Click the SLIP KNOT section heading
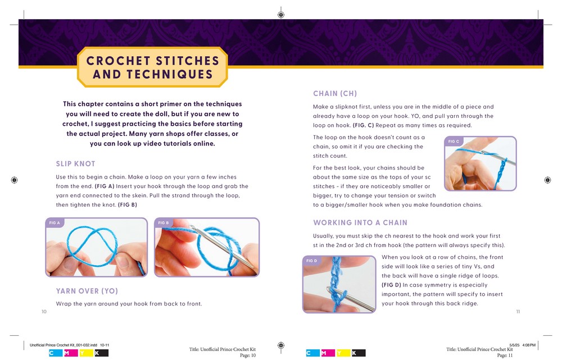point(75,163)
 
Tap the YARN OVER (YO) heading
point(87,291)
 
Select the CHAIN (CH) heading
point(335,93)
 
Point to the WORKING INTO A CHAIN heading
point(360,222)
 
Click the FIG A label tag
point(55,223)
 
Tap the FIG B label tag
point(164,223)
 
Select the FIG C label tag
point(454,142)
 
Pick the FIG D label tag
point(311,261)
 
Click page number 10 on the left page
point(44,312)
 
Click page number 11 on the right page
point(518,312)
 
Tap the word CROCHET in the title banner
point(118,61)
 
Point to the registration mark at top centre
point(281,15)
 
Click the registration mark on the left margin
point(15,180)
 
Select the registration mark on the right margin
point(547,180)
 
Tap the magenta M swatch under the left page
point(71,353)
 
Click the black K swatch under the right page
point(359,353)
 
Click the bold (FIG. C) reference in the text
point(363,125)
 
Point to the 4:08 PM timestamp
point(529,345)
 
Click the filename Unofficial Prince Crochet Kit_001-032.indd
point(64,345)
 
